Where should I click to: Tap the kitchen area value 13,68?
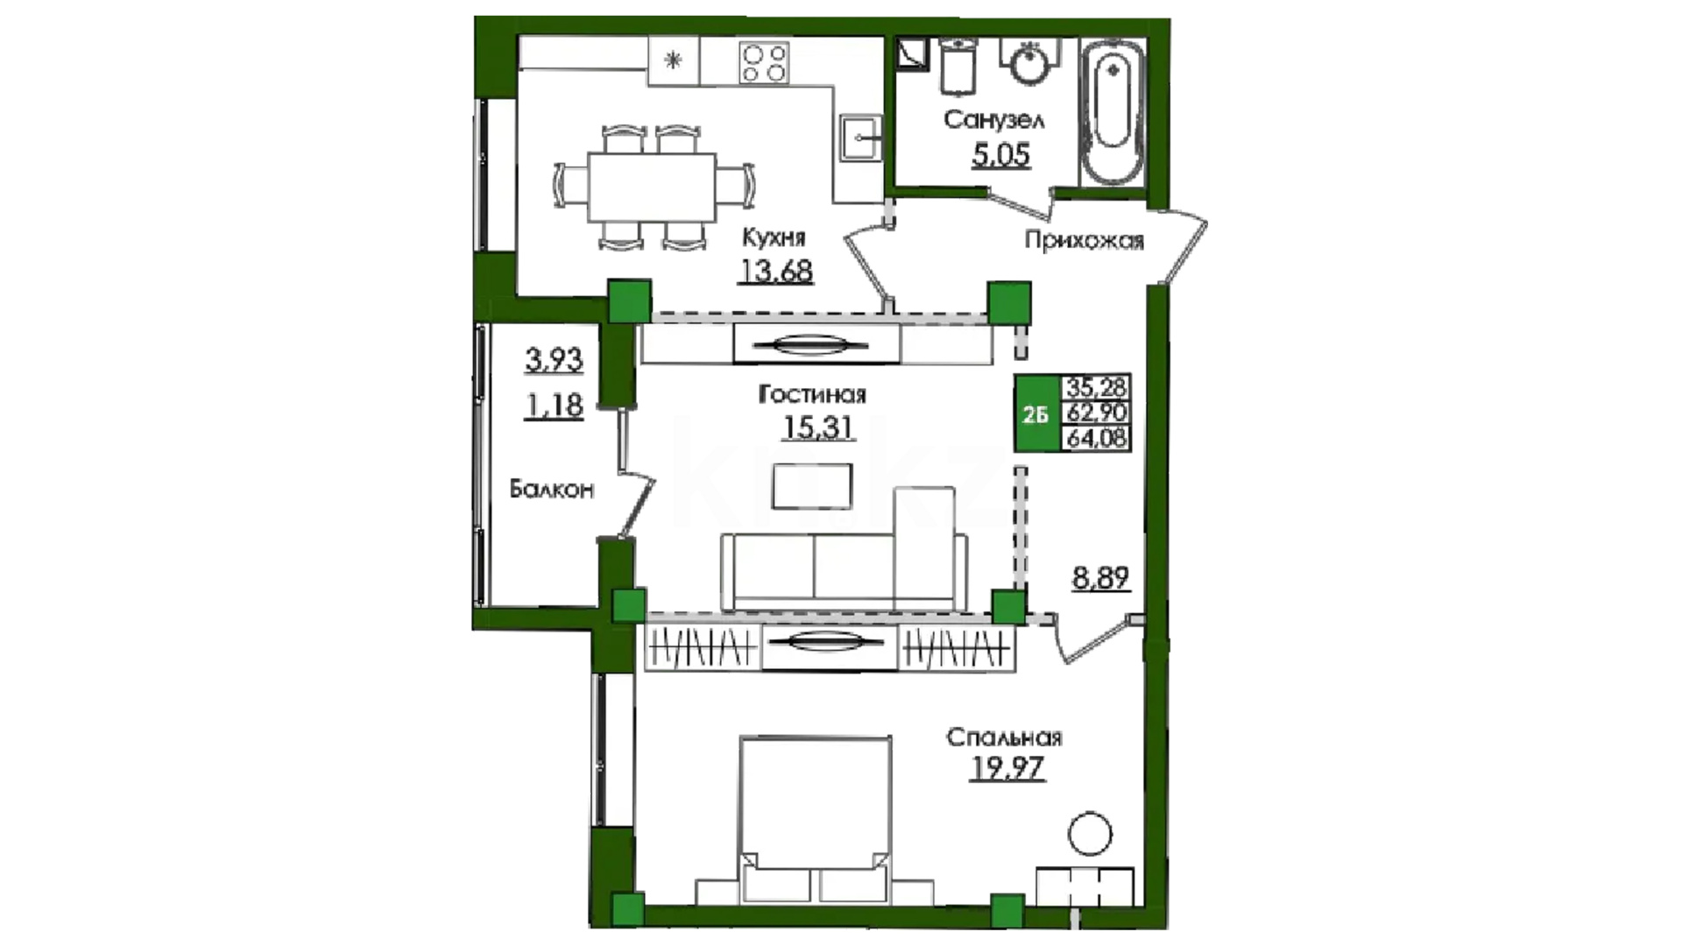tap(776, 271)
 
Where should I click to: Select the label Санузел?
tap(993, 120)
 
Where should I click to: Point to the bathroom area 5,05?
tap(1000, 155)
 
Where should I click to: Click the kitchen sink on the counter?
tap(861, 138)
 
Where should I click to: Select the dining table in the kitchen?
tap(651, 187)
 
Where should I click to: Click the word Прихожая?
tap(1085, 241)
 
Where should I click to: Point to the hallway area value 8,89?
tap(1100, 579)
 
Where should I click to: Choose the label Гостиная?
tap(812, 396)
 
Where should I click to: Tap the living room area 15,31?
tap(818, 427)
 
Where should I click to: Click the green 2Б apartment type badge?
tap(1036, 413)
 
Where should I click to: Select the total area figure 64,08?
tap(1096, 439)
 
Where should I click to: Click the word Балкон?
tap(552, 490)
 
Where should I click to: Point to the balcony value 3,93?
tap(555, 359)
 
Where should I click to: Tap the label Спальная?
tap(1004, 738)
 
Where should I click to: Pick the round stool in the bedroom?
tap(1090, 834)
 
